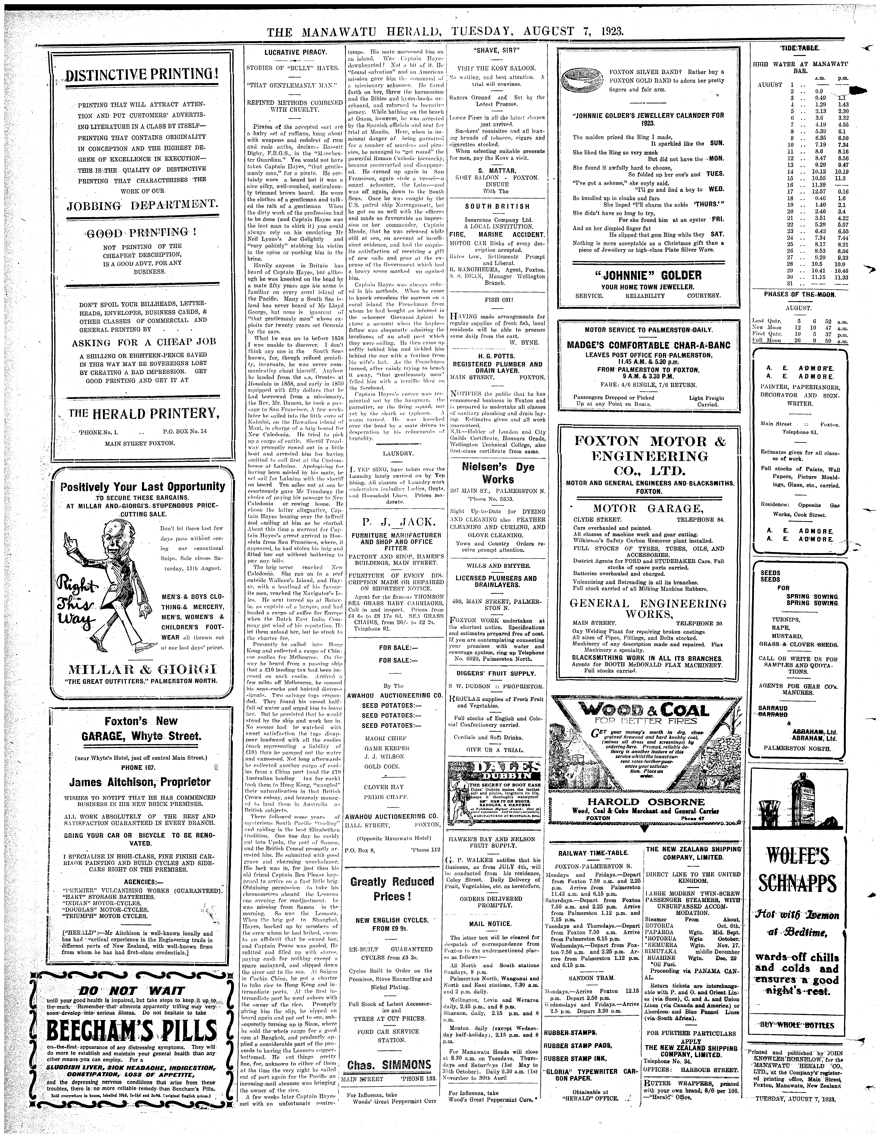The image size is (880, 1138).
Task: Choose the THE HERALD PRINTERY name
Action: tap(142, 414)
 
